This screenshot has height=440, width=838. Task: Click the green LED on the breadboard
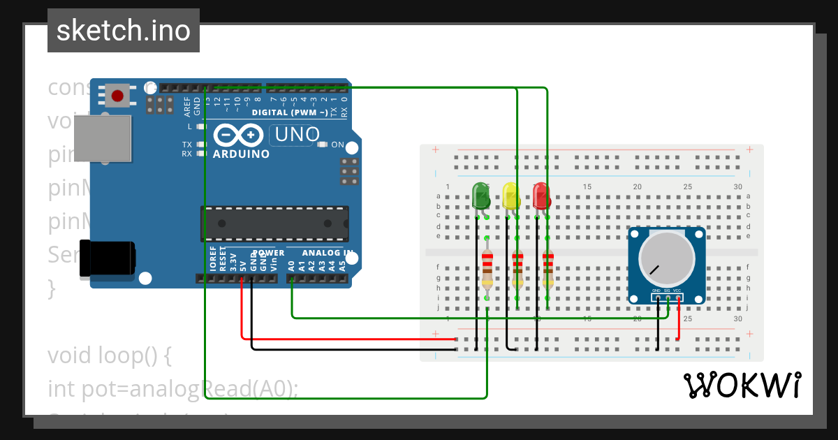click(481, 196)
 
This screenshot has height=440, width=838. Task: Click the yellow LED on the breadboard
click(511, 196)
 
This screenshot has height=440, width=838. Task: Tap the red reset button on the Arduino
click(117, 96)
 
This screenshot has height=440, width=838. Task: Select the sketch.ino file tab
click(124, 31)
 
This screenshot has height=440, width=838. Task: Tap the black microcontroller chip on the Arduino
click(274, 223)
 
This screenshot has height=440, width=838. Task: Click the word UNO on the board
click(295, 134)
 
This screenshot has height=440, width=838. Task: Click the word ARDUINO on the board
click(241, 154)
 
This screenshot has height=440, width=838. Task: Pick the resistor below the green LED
click(487, 268)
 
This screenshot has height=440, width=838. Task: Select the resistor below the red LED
click(547, 268)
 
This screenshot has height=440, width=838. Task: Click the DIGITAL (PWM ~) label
click(290, 112)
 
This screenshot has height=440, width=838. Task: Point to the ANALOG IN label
click(328, 252)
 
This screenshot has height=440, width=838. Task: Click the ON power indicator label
click(337, 145)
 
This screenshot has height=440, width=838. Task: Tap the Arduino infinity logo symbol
click(239, 134)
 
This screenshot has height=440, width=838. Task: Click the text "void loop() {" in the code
click(109, 355)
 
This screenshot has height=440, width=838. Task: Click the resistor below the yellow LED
click(517, 268)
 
